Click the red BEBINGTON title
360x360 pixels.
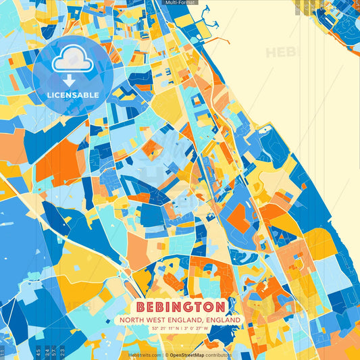[x=180, y=307]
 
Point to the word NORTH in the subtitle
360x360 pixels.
[x=134, y=319]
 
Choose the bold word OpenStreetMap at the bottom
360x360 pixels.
[x=188, y=355]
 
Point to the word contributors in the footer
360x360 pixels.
[x=219, y=355]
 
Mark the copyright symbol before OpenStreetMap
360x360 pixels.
[x=166, y=355]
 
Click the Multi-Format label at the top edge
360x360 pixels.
[x=180, y=3]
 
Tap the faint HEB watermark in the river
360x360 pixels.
[x=280, y=52]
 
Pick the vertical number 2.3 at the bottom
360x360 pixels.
[x=63, y=353]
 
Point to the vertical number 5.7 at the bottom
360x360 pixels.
[x=53, y=353]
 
